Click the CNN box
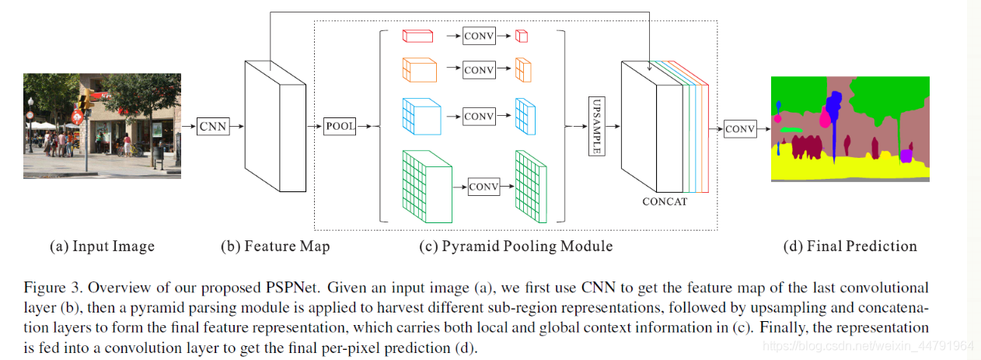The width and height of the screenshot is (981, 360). click(213, 124)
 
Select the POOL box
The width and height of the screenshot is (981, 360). click(340, 125)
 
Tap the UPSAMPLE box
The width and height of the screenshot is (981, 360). click(597, 126)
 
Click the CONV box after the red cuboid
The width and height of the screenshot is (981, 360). click(479, 36)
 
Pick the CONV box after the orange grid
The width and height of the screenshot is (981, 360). click(479, 70)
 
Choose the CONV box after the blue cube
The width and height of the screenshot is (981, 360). click(479, 117)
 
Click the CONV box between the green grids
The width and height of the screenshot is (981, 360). click(484, 187)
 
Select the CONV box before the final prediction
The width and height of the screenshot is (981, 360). click(739, 130)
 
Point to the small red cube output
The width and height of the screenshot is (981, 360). click(522, 36)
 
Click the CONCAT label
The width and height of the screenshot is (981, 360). click(665, 201)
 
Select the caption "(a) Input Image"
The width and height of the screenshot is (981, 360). click(102, 246)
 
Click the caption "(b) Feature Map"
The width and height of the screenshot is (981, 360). click(275, 246)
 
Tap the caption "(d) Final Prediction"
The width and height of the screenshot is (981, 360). click(850, 246)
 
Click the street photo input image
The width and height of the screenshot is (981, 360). click(102, 126)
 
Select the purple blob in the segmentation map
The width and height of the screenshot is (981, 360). click(905, 156)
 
